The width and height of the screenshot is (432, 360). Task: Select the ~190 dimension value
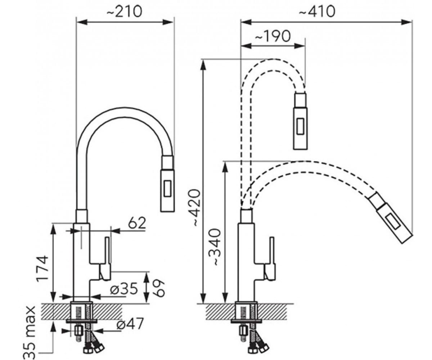(x=273, y=36)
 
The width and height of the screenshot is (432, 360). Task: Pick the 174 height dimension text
(x=42, y=269)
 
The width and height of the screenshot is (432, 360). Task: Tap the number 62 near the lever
(x=137, y=223)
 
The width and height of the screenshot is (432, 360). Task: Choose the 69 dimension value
(x=159, y=289)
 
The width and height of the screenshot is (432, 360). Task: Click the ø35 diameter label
(x=124, y=288)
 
